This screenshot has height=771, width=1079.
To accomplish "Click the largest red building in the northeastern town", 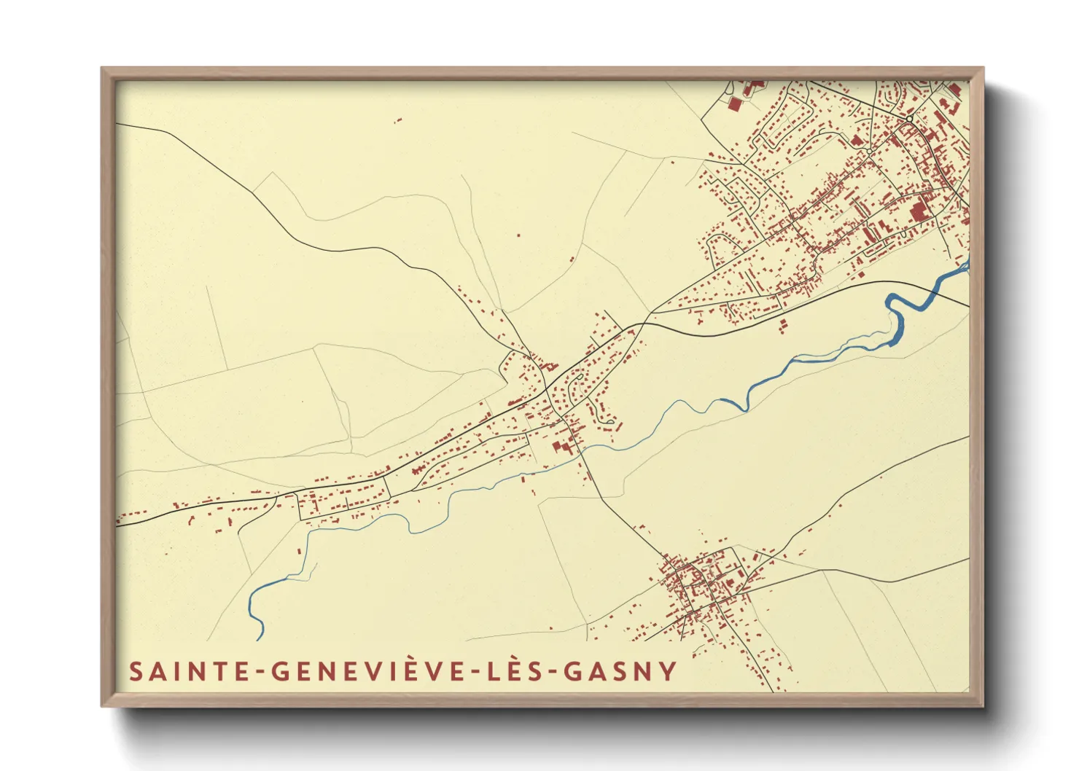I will [x=918, y=211].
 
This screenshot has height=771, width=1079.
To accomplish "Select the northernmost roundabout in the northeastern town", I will [x=909, y=119].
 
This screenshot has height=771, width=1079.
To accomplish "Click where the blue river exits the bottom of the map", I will [x=260, y=638].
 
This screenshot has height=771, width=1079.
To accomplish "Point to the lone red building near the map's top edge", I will [x=399, y=120].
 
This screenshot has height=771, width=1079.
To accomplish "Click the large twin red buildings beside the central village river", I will [x=561, y=447].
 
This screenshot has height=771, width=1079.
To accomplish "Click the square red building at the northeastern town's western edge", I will [x=734, y=104].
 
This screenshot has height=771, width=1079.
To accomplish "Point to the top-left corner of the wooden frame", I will [x=103, y=69].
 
